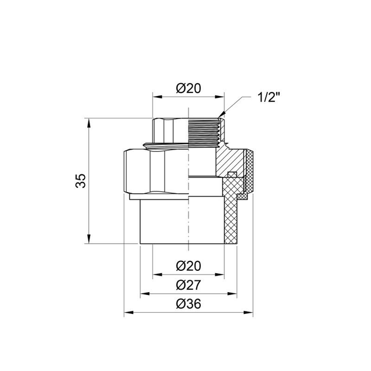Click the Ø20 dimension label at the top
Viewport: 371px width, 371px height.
188,88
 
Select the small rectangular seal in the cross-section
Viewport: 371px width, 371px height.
232,174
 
